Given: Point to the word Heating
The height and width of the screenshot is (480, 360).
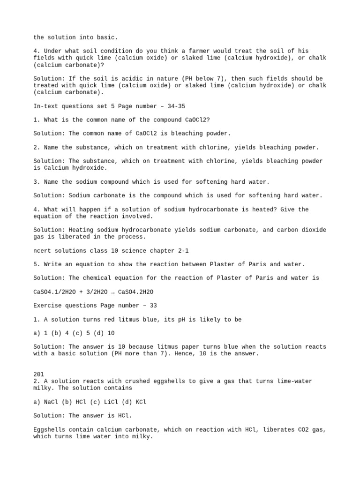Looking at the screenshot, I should [x=81, y=230].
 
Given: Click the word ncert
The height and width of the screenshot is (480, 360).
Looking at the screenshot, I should [x=42, y=251].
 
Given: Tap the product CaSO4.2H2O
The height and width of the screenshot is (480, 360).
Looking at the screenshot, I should [x=136, y=292].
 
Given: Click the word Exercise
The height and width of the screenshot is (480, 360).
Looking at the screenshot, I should [x=49, y=305].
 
